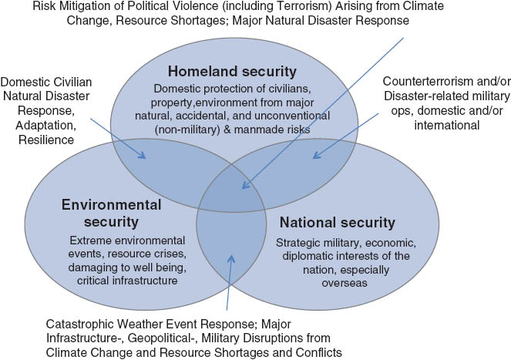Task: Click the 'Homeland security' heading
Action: point(232,72)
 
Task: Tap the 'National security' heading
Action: point(338,222)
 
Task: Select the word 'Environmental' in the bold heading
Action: point(112,205)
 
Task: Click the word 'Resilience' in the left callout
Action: point(46,140)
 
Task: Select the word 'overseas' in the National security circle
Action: point(345,283)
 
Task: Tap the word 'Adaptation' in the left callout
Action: point(46,126)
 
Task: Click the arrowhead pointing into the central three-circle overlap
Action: point(246,186)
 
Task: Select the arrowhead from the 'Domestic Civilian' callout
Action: point(142,155)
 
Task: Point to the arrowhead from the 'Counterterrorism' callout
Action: point(317,155)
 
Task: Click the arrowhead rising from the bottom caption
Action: point(231,259)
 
